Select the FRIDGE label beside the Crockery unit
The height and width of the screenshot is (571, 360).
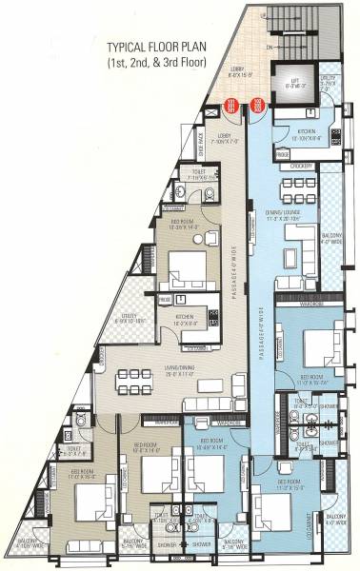[283, 154]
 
